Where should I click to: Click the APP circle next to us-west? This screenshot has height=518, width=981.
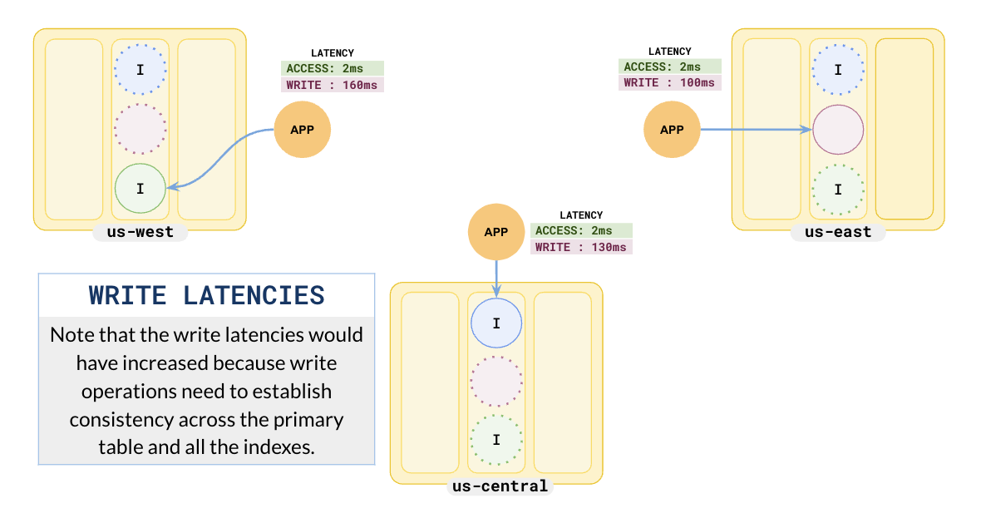click(303, 130)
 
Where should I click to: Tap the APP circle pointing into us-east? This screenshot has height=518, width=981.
click(672, 130)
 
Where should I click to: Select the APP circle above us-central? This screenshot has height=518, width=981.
click(495, 232)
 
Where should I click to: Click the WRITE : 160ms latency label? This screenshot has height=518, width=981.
click(333, 85)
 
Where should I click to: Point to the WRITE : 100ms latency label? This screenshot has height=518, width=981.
click(669, 83)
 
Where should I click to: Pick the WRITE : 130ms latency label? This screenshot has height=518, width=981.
click(581, 247)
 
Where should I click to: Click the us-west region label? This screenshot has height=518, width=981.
click(140, 232)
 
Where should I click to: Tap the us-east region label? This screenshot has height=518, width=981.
click(837, 232)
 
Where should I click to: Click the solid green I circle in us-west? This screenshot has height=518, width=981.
click(140, 189)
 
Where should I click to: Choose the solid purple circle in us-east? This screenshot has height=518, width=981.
click(838, 130)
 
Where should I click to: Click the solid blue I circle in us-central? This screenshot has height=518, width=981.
click(496, 323)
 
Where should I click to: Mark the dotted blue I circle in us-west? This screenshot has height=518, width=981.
click(140, 70)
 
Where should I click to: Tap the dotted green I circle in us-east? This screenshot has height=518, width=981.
click(838, 190)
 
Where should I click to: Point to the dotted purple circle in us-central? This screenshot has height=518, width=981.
click(496, 382)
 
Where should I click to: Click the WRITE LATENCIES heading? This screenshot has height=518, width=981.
click(206, 295)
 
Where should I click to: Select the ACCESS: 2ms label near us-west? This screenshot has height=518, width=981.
click(333, 68)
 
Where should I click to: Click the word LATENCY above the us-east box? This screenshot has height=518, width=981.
click(669, 52)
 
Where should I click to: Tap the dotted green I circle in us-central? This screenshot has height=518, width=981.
click(496, 440)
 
